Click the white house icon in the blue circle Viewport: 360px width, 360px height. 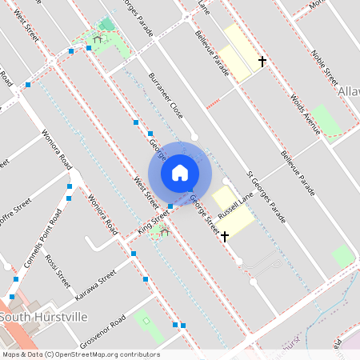coord(180,172)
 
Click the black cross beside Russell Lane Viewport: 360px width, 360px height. coord(225,236)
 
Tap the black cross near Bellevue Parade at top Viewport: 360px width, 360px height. coord(262,61)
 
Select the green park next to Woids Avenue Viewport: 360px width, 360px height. coord(325,120)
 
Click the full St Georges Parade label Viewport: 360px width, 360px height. coord(266,195)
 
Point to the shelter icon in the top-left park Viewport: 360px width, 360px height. coord(98,38)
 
